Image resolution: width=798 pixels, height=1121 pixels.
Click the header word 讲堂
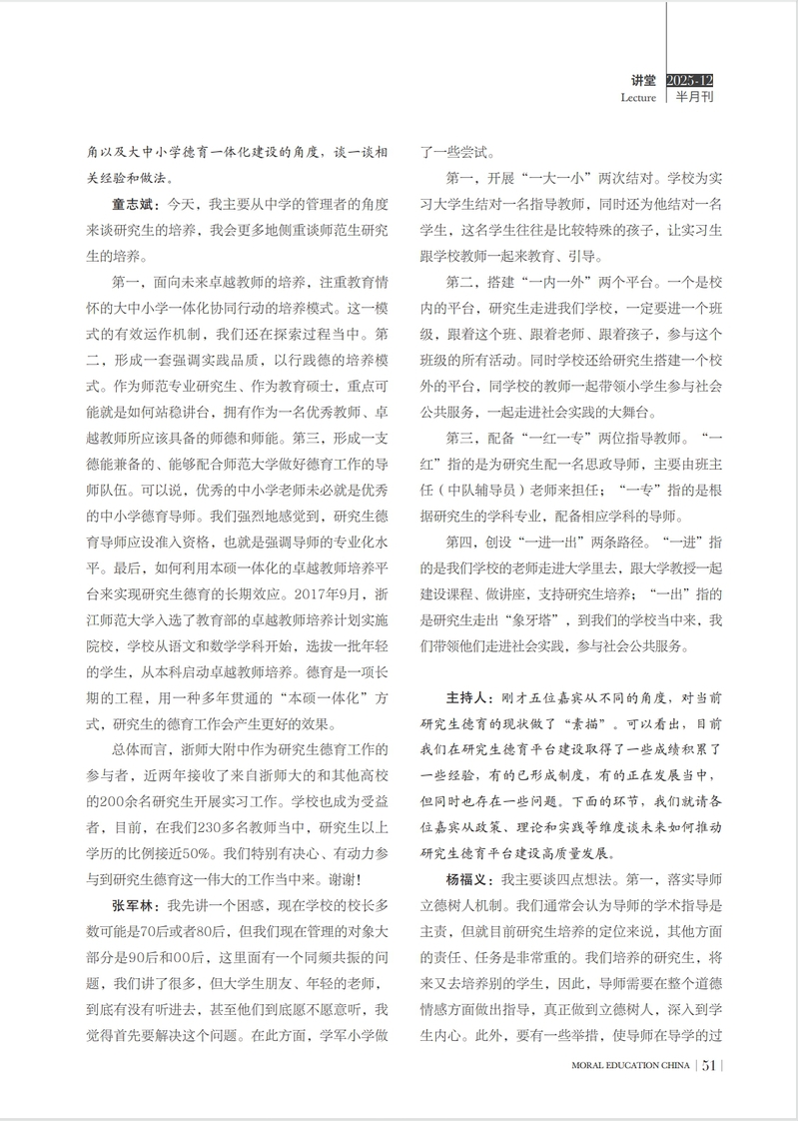pyautogui.click(x=643, y=79)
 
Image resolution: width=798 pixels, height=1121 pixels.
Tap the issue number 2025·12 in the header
pyautogui.click(x=689, y=79)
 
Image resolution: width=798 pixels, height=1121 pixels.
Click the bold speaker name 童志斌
pyautogui.click(x=132, y=205)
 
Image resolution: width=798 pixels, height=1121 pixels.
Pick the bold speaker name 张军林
pyautogui.click(x=132, y=906)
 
